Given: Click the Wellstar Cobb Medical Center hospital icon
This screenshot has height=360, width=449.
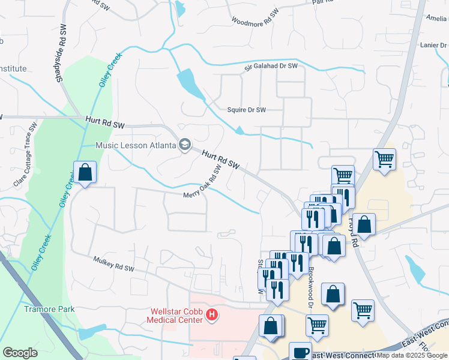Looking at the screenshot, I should coord(211,314).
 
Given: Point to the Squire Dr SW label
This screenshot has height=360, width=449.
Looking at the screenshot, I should coord(246,110).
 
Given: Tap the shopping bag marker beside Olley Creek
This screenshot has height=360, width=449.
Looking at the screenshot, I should coord(85,173).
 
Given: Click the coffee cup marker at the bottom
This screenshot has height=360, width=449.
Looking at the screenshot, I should coord(300,352).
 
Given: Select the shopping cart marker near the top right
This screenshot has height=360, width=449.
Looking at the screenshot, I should coord(384,160).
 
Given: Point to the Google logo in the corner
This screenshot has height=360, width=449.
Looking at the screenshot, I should coord(20,352).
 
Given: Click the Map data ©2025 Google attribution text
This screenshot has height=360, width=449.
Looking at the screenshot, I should coord(412,355).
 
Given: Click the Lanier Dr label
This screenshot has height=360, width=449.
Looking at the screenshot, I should coord(435,44).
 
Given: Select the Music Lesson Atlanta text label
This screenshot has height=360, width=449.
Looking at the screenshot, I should coord(136,145).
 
